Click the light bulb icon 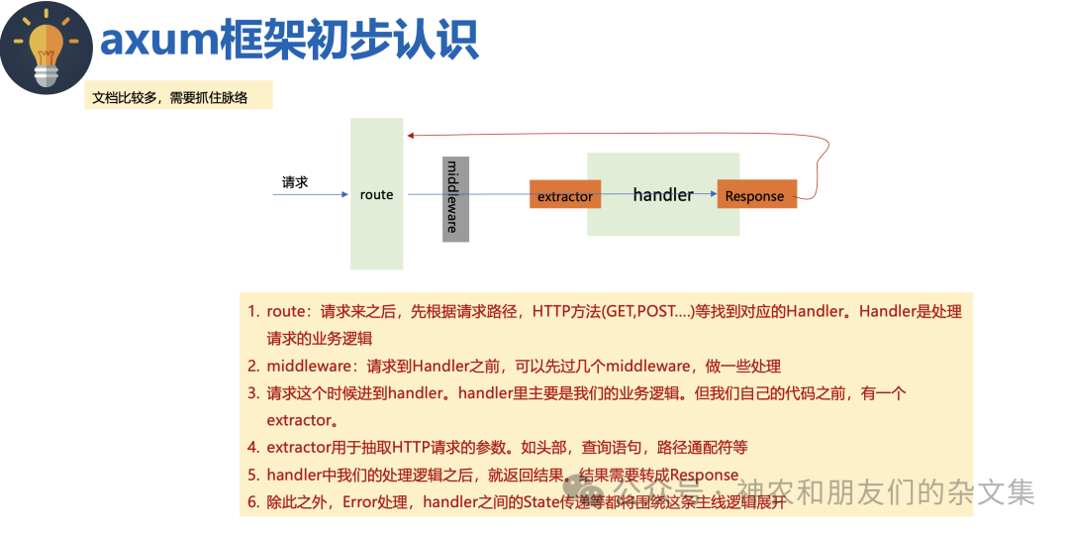point(47,47)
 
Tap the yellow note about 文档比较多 point(178,96)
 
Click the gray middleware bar point(454,197)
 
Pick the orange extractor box point(565,196)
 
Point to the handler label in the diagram point(663,194)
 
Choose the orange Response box point(756,196)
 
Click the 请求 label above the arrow point(295,182)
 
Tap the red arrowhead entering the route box point(410,136)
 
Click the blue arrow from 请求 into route point(312,194)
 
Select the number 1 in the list point(252,311)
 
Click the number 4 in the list point(252,448)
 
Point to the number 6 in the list point(252,502)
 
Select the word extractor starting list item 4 point(298,448)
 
